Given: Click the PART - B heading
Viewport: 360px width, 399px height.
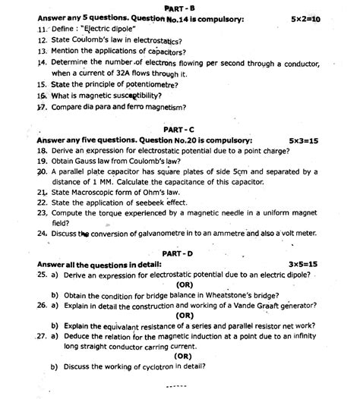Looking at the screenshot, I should pyautogui.click(x=181, y=7).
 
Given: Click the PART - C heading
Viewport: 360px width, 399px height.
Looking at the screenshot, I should pyautogui.click(x=185, y=130).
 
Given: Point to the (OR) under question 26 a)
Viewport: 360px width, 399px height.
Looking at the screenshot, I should pyautogui.click(x=183, y=315).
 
